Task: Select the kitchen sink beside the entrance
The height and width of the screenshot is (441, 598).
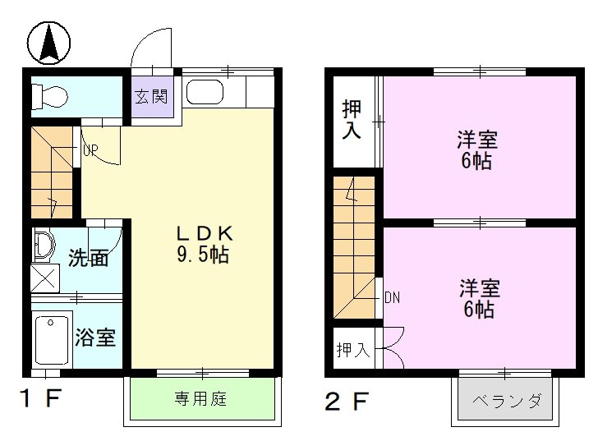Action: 204,92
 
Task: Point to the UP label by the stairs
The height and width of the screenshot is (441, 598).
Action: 90,150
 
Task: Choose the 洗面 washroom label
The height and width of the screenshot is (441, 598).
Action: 88,258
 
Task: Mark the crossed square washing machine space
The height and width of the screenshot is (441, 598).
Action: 45,278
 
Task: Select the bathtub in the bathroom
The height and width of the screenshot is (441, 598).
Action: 52,336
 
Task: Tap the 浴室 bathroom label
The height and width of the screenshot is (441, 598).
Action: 95,338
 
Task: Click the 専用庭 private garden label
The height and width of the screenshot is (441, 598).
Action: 200,400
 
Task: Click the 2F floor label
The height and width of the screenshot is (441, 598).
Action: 345,402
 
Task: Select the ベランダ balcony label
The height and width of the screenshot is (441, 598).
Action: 506,402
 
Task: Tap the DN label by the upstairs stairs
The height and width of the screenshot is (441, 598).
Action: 392,297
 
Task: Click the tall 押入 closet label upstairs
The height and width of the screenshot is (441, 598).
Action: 352,119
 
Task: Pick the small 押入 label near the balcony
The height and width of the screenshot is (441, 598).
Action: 353,351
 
